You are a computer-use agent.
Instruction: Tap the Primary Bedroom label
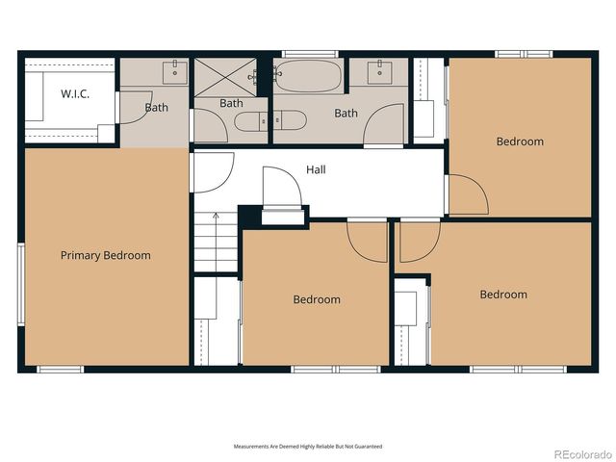coord(105,255)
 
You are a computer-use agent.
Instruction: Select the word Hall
coord(316,169)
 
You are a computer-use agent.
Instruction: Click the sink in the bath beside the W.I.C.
coord(174,68)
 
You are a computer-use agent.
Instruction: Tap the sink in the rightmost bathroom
coord(379,68)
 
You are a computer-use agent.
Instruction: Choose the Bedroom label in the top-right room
coord(520,141)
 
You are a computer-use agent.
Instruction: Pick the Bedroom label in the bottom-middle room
coord(317,299)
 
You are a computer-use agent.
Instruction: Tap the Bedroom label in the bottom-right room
coord(503,295)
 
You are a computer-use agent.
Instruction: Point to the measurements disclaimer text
coord(308,447)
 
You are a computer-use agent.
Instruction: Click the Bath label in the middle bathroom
coord(231,103)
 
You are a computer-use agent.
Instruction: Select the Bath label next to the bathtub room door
coord(346,113)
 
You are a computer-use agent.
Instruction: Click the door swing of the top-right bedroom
coord(468,195)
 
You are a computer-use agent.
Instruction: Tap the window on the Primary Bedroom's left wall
coord(19,284)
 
